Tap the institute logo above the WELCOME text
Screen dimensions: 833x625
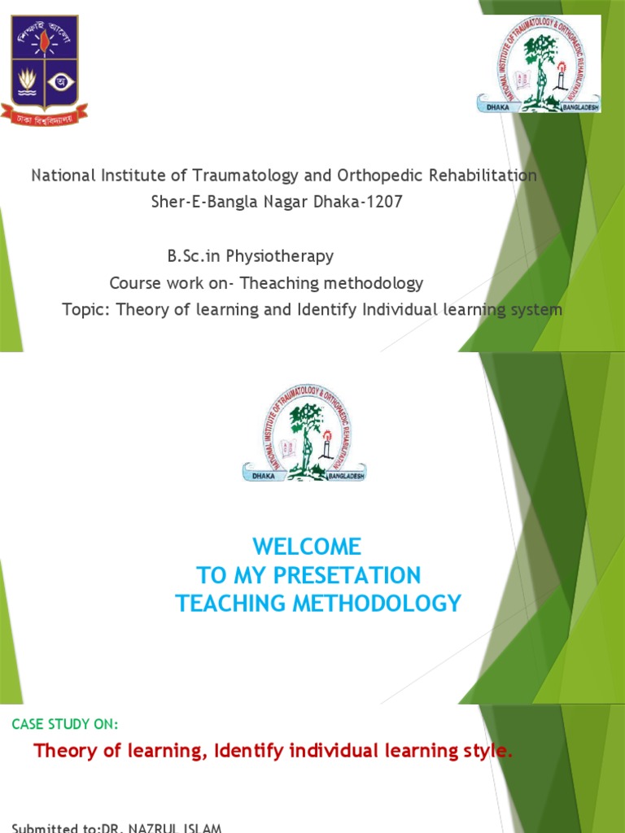tap(304, 434)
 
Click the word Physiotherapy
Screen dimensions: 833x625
tap(280, 256)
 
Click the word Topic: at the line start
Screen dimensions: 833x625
tap(87, 310)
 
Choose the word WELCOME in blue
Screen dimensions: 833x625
tap(306, 546)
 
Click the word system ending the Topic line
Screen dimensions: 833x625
tap(532, 310)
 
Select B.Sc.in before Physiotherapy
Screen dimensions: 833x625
tap(194, 256)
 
